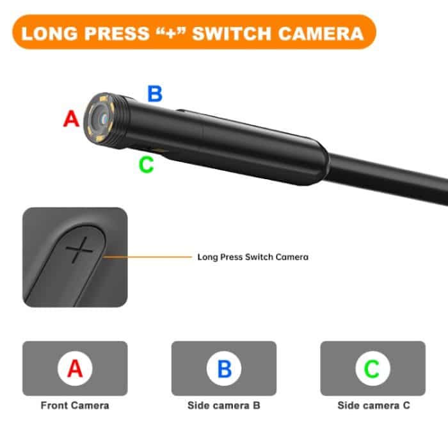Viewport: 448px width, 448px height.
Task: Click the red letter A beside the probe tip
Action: point(71,118)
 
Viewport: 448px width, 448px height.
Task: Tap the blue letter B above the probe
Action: point(155,94)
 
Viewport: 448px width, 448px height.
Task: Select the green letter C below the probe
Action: point(147,164)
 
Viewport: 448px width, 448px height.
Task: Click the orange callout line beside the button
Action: point(147,257)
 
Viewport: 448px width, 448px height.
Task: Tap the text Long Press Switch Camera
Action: point(253,257)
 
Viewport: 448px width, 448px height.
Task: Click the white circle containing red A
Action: point(75,369)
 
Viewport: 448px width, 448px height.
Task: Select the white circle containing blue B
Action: point(224,369)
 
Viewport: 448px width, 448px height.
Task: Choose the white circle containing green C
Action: point(372,369)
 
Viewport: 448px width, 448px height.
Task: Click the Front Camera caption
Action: point(75,406)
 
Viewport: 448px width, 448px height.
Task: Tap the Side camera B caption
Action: point(224,406)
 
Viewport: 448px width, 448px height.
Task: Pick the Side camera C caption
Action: point(373,406)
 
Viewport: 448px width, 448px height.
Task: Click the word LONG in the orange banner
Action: point(46,33)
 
